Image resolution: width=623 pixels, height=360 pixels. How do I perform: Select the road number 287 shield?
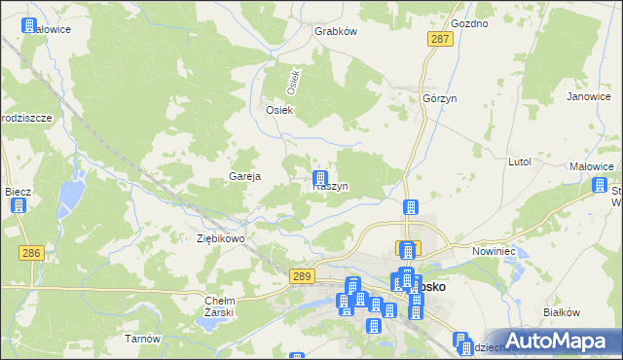coord(439,38)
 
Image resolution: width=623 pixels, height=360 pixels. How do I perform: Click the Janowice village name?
coord(588,96)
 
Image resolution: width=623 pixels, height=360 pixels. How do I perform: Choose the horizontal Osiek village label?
coord(280,110)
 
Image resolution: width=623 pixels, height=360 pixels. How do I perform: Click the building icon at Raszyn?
coord(319,178)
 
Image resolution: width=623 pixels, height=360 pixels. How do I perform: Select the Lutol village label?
coord(519,162)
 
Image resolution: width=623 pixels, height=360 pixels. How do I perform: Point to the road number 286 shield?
coord(31,252)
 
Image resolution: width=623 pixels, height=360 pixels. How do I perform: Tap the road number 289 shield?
coord(303,277)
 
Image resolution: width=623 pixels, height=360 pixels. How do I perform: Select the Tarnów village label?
coord(141,339)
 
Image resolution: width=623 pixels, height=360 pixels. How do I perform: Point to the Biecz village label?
coord(18,192)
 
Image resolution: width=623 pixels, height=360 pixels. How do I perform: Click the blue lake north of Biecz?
coord(70,198)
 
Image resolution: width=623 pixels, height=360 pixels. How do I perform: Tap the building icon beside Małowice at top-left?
coord(30,26)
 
